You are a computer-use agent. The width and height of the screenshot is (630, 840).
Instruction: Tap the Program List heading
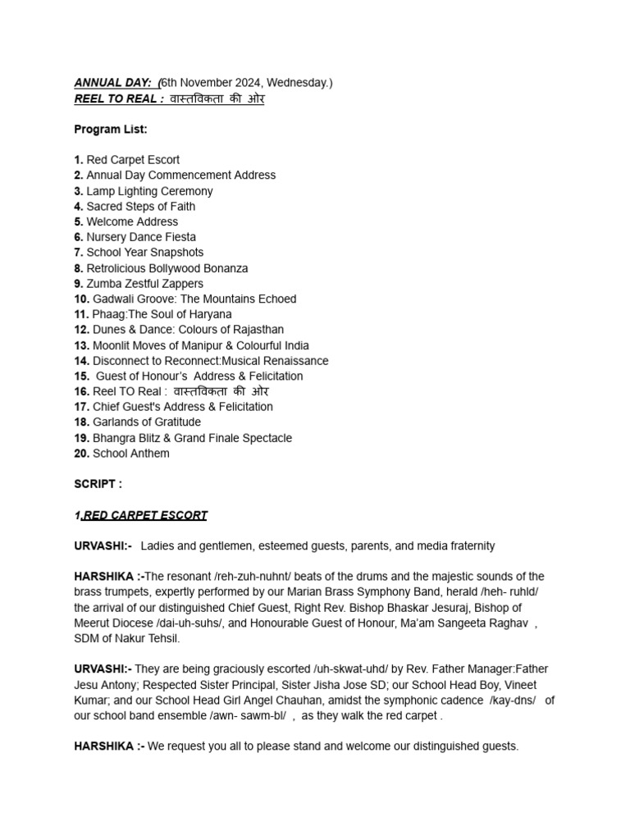pyautogui.click(x=111, y=130)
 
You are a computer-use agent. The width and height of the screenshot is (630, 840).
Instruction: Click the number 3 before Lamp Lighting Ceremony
pyautogui.click(x=78, y=191)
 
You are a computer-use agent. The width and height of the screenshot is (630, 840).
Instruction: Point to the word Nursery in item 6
pyautogui.click(x=107, y=237)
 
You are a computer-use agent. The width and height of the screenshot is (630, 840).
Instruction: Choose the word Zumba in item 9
pyautogui.click(x=103, y=284)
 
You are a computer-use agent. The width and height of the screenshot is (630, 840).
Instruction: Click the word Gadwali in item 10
pyautogui.click(x=114, y=299)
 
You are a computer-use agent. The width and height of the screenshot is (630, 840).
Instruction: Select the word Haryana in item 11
pyautogui.click(x=211, y=314)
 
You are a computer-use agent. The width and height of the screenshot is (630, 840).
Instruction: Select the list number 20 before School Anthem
pyautogui.click(x=81, y=454)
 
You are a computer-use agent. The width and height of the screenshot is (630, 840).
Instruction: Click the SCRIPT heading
pyautogui.click(x=98, y=485)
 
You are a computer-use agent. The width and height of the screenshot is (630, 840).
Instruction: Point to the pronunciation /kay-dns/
pyautogui.click(x=513, y=700)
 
